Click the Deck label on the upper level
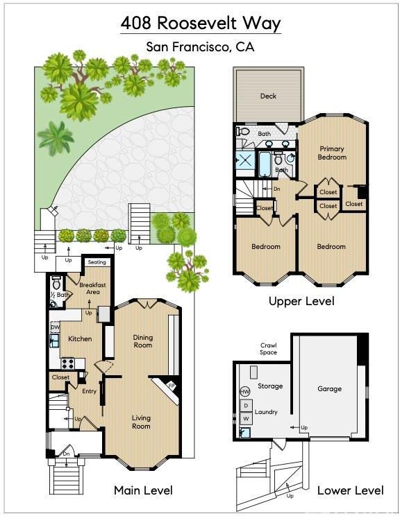tap(268, 96)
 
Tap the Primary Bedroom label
tap(332, 153)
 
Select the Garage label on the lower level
tap(329, 388)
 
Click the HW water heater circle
tap(245, 391)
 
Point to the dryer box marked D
tap(246, 406)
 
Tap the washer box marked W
tap(246, 419)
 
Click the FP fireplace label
tap(172, 386)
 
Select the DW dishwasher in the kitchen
tap(55, 327)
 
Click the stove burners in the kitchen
tap(67, 363)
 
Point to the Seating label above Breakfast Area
tap(97, 262)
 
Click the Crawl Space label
tap(268, 349)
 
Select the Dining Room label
tap(142, 341)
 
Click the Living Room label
tap(141, 422)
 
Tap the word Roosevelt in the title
tap(197, 23)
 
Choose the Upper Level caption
tap(301, 301)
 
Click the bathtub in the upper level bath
tap(265, 164)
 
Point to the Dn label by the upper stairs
tap(277, 189)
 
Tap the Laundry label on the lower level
tap(266, 412)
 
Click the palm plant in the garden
tap(56, 137)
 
